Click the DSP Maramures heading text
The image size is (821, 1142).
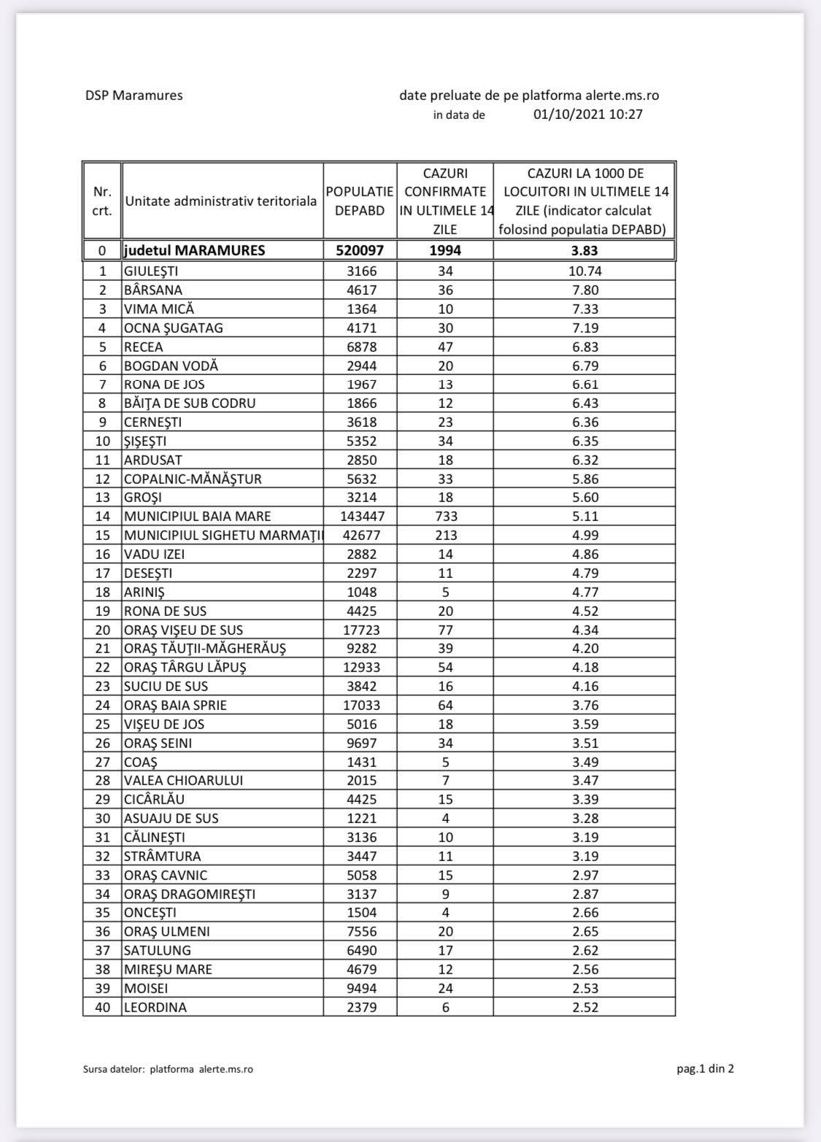coord(134,96)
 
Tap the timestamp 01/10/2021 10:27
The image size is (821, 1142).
coord(588,115)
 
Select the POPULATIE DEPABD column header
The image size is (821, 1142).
coord(360,201)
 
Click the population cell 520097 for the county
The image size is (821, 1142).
coord(360,250)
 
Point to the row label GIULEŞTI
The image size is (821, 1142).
coord(151,271)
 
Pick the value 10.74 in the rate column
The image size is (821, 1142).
coord(584,271)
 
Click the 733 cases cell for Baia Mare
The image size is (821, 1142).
coord(445,517)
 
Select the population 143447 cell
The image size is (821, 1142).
coord(360,517)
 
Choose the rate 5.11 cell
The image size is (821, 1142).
coord(584,517)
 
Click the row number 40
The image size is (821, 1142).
coord(102,1008)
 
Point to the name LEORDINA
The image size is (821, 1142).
coord(155,1008)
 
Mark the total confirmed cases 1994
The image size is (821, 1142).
coord(445,250)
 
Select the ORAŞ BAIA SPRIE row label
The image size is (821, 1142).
coord(175,706)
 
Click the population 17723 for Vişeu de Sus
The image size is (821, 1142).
coord(360,630)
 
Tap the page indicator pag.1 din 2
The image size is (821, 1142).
coord(705,1069)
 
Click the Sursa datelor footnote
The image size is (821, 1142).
coord(169,1070)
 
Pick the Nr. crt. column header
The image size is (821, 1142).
coord(102,201)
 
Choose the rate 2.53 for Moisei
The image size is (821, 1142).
coord(584,989)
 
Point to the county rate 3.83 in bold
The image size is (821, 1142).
coord(584,250)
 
